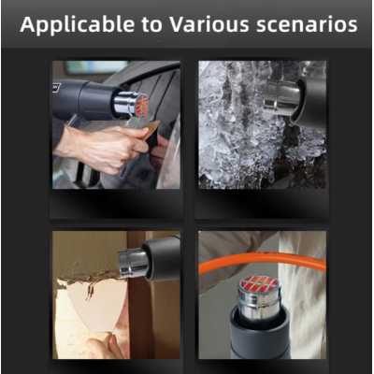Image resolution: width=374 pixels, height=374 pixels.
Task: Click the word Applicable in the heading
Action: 78,25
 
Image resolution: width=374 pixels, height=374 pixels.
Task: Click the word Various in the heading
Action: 209,24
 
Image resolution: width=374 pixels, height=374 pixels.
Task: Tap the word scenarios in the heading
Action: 307,25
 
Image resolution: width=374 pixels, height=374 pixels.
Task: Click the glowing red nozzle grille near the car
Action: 142,106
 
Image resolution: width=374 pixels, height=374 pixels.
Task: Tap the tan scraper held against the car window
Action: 152,129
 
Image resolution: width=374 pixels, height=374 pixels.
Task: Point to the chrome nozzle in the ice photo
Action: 281,97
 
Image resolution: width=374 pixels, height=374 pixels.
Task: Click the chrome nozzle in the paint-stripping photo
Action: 133,263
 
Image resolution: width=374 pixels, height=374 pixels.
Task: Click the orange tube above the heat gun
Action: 263,261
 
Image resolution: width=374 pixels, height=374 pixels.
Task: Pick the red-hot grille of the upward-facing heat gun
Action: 260,283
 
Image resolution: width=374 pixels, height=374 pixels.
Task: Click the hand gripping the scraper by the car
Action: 100,148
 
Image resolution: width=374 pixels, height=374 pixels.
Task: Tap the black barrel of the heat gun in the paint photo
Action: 161,258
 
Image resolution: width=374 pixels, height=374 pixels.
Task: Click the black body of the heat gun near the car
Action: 86,99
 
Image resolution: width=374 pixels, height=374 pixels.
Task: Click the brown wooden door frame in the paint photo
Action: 138,311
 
